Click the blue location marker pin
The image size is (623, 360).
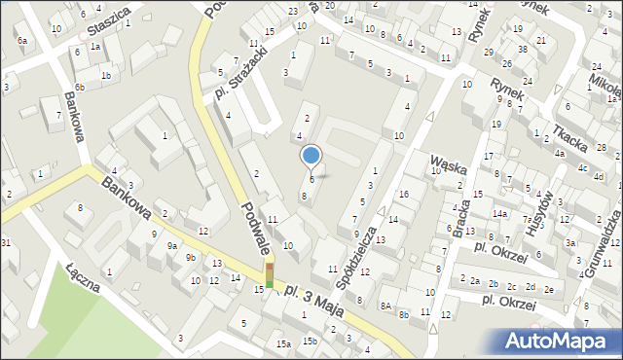311,156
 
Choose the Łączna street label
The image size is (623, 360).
84,277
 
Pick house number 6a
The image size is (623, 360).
21,40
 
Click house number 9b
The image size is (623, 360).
191,258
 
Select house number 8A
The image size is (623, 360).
385,306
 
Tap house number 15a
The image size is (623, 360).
282,343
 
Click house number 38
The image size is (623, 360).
522,49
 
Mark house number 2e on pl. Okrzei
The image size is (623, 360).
549,289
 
